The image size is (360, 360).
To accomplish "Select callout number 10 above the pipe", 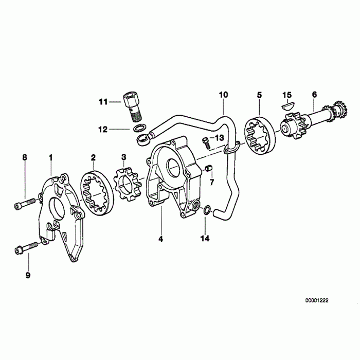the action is [223, 95].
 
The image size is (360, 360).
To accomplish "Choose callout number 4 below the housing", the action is [160, 239].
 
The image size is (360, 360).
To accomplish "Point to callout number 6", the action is [314, 95].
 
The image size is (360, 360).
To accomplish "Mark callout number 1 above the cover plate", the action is [50, 156].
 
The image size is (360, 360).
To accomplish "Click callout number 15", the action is [287, 95].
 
